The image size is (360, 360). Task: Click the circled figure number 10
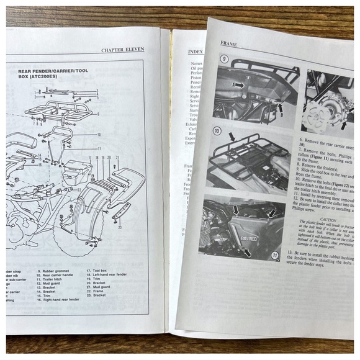click(217, 132)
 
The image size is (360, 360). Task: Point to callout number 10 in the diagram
click(98, 135)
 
